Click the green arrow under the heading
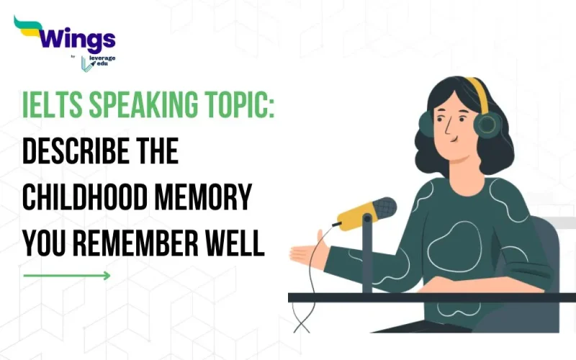[x=66, y=275]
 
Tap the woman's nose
[x=445, y=128]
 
